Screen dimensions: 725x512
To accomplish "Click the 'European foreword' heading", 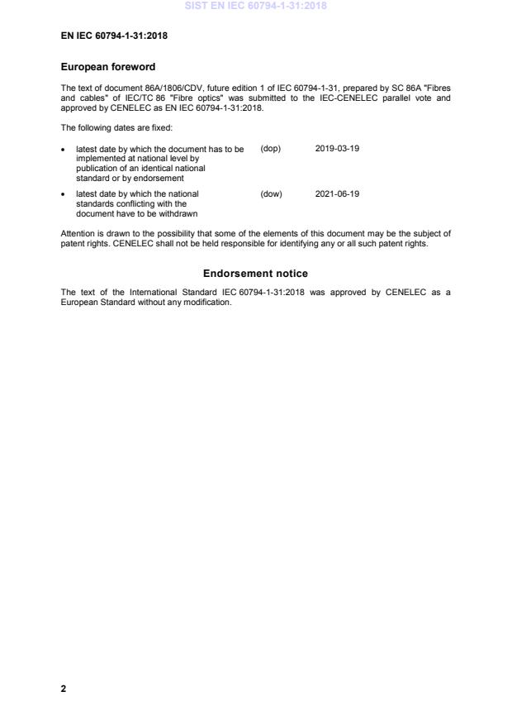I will click(108, 67).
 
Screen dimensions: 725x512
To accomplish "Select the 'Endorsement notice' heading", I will click(255, 274).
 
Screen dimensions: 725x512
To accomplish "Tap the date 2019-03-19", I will click(337, 149).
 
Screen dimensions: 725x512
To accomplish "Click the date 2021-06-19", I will click(337, 194).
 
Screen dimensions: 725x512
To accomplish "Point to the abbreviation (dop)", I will click(271, 149).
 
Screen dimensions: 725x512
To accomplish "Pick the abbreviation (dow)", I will click(271, 194).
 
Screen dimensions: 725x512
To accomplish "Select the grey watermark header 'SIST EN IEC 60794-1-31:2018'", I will click(255, 6).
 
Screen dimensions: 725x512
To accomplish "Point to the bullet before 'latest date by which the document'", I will click(64, 150).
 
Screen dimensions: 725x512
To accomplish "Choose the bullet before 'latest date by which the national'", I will click(64, 195).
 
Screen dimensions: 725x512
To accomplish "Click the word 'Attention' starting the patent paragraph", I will click(78, 234).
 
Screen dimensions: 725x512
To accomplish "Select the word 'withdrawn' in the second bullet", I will click(178, 214).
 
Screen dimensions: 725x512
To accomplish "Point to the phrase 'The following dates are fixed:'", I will click(116, 127).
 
